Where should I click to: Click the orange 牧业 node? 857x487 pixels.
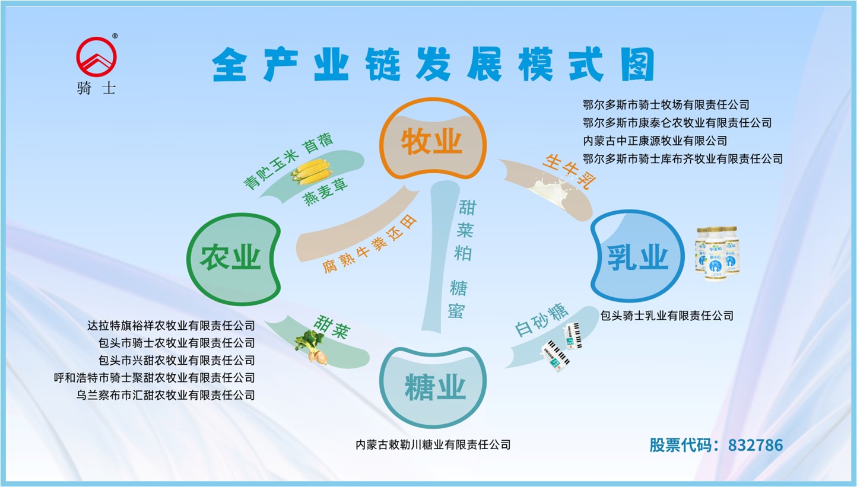[x=431, y=141]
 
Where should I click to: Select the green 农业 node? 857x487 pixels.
[x=231, y=259]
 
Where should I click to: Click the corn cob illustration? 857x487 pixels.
[x=311, y=171]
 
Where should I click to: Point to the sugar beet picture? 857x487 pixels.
[x=311, y=345]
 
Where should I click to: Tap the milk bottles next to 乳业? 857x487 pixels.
[x=718, y=252]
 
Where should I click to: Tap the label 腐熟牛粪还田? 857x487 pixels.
[x=370, y=244]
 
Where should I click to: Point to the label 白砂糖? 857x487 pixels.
[x=541, y=320]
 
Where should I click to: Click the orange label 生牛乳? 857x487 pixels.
[x=569, y=171]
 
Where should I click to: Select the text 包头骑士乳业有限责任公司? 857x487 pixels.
[x=666, y=316]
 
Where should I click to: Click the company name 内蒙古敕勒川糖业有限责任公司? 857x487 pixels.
[x=433, y=444]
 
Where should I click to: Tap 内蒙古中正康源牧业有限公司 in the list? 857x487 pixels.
[x=655, y=141]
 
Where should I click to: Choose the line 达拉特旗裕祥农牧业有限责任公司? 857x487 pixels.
[x=171, y=325]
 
